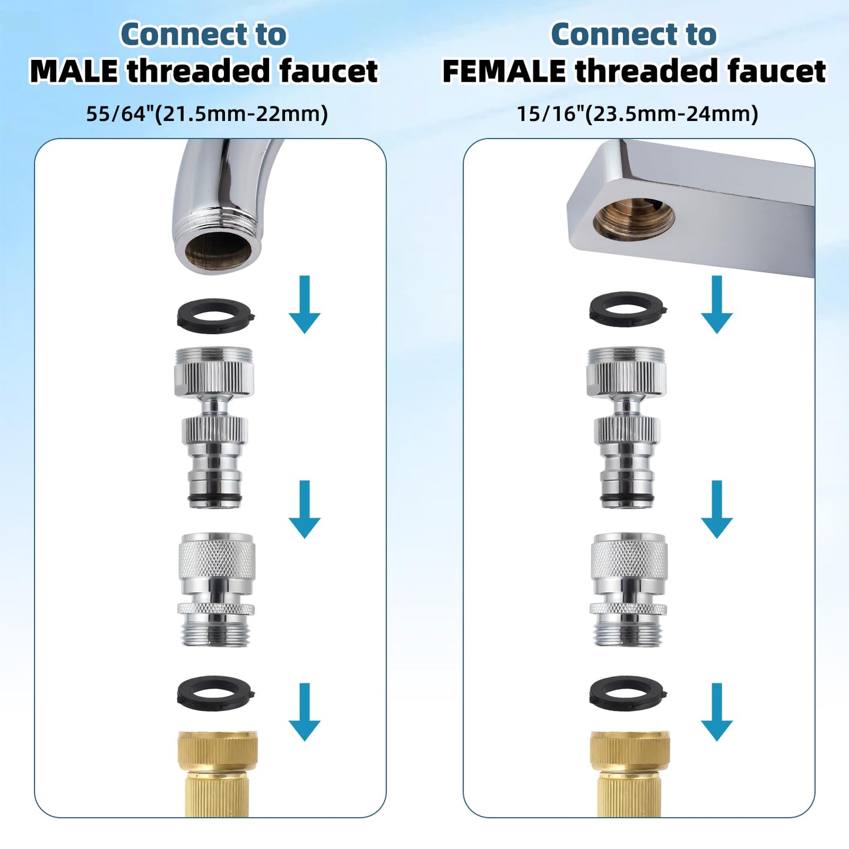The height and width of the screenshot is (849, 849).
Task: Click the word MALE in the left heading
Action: [73, 71]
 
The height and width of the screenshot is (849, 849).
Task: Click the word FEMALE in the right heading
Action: [504, 71]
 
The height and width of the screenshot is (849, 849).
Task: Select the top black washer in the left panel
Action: [216, 316]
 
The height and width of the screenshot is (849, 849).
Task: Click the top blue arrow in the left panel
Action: [304, 304]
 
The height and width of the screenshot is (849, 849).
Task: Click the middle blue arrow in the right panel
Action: [717, 509]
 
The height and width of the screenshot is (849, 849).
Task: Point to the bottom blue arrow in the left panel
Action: [304, 712]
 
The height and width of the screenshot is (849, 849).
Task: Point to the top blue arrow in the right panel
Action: [717, 304]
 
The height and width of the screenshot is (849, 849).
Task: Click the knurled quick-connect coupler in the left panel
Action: [216, 590]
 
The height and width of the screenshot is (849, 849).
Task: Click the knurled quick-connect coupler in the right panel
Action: [628, 590]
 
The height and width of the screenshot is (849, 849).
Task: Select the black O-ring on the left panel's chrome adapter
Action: [214, 498]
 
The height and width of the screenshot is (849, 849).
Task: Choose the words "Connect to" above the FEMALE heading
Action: [633, 34]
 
